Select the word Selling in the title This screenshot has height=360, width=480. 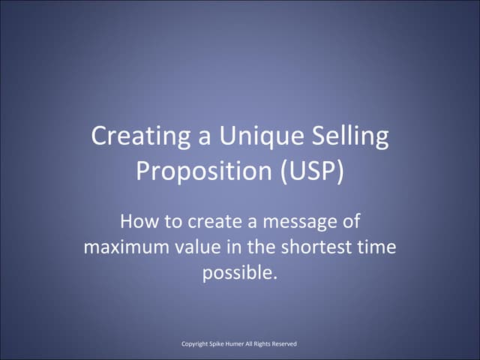(x=352, y=137)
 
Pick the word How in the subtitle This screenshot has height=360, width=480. (x=137, y=222)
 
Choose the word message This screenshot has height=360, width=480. (x=294, y=222)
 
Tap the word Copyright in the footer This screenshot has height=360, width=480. (x=197, y=344)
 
